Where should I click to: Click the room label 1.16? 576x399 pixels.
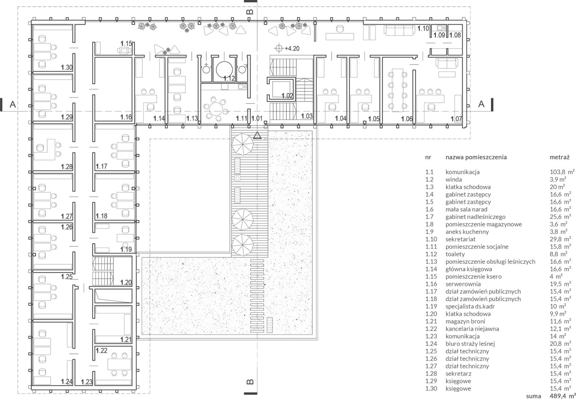pos(126,117)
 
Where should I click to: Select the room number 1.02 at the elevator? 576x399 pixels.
pos(287,96)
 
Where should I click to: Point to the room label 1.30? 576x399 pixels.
pos(67,67)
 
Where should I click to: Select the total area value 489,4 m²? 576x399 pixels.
pos(562,396)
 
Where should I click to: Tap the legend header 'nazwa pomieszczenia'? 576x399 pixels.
pos(476,157)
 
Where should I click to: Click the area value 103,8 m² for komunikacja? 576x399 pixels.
pos(562,172)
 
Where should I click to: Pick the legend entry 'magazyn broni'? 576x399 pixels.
pos(465,321)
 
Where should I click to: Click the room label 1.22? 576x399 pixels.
pos(102,351)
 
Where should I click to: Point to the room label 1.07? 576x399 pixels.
pos(456,119)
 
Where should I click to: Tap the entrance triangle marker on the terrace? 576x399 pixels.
pos(257,135)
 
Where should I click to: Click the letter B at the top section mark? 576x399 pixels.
pos(250,12)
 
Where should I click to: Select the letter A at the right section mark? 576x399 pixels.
pos(481,104)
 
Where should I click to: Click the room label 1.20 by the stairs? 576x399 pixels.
pos(126,282)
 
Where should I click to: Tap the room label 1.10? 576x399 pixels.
pos(423,28)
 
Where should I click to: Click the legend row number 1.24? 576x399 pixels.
pos(431,343)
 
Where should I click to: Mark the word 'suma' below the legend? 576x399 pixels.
pos(534,396)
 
